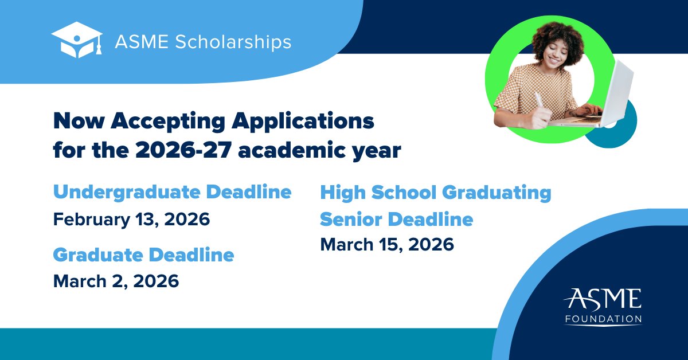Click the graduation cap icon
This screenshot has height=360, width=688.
point(77,40)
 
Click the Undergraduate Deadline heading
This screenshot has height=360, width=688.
point(172,192)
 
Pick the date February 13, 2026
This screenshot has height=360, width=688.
point(131,219)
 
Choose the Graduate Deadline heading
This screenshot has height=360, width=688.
point(143,255)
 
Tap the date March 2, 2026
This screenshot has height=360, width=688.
point(116,281)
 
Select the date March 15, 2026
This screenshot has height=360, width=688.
point(387,245)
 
